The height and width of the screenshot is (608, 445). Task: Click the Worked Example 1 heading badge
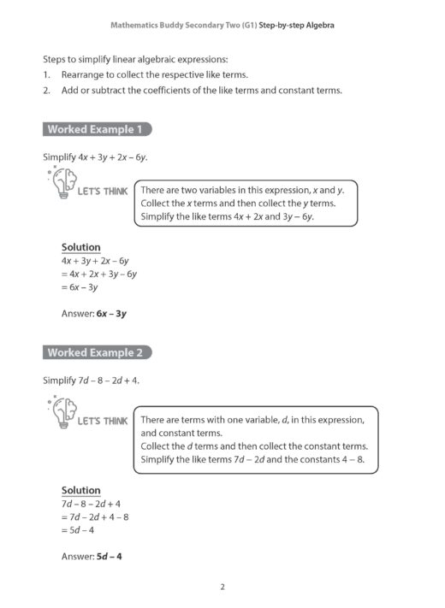click(97, 130)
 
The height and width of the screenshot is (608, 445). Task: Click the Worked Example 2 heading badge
click(97, 352)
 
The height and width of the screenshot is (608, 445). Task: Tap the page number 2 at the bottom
click(222, 587)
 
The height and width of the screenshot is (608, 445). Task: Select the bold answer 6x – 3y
click(111, 314)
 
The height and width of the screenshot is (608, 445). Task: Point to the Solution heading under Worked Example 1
click(80, 247)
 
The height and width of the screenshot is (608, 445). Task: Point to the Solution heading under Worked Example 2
click(80, 490)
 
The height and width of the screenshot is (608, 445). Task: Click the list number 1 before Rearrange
click(46, 75)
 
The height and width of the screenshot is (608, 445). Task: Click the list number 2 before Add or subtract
click(46, 91)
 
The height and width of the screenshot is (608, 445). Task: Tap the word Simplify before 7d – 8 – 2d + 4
click(59, 380)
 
